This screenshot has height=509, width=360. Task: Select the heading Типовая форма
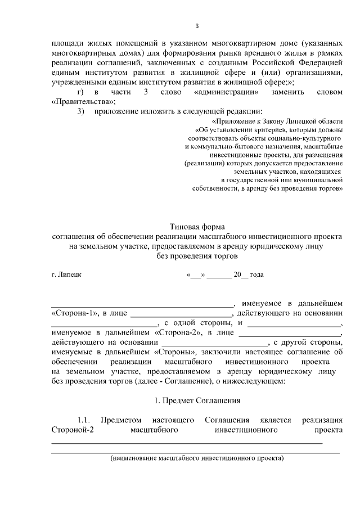[x=196, y=226]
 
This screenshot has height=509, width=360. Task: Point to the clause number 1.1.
[x=84, y=420]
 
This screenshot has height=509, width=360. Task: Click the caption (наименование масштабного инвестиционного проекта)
[x=196, y=458]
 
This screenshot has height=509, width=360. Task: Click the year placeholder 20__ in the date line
[x=241, y=275]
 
